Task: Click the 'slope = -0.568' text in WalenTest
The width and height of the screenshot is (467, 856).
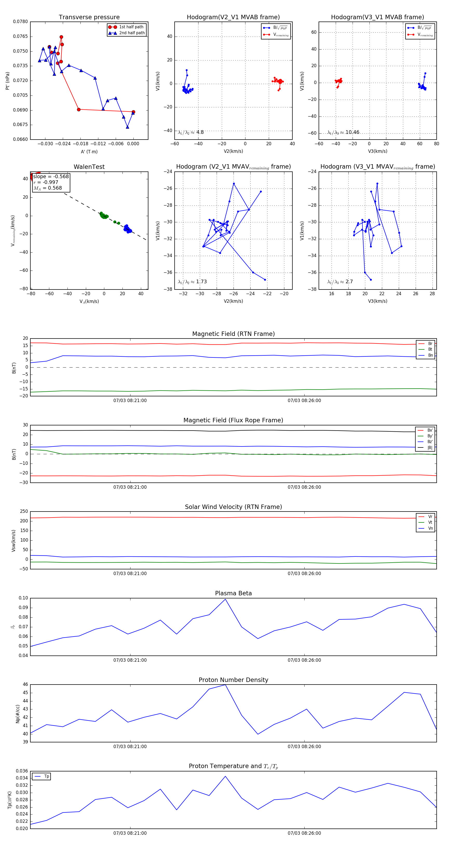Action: (x=51, y=176)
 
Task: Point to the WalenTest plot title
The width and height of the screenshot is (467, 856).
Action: (x=89, y=167)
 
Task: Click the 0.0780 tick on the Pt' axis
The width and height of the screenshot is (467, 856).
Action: (x=20, y=22)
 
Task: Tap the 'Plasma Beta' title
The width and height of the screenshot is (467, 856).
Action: (x=233, y=593)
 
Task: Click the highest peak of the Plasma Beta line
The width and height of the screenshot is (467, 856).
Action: (x=225, y=599)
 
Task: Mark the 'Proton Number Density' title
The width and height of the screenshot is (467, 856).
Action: (x=233, y=680)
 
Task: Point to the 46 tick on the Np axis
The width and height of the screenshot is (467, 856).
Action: (x=25, y=685)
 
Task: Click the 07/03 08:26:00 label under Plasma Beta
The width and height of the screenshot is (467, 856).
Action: (x=304, y=660)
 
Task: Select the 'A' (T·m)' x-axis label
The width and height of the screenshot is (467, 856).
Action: (x=89, y=151)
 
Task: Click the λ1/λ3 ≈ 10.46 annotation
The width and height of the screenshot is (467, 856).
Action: (x=343, y=132)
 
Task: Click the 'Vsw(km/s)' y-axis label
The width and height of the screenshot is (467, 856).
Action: (x=14, y=541)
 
